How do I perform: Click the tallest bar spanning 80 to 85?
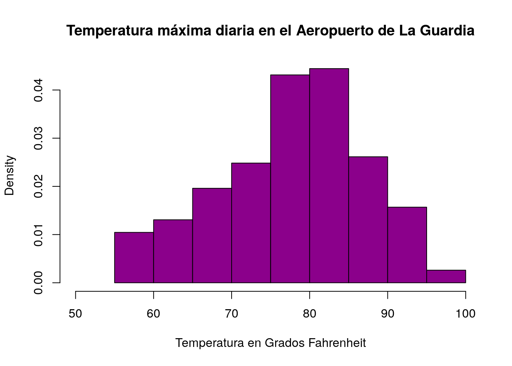point(329,176)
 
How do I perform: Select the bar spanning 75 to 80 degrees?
point(290,179)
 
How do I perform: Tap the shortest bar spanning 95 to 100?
point(446,276)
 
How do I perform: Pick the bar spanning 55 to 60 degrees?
point(134,258)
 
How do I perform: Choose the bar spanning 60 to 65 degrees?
point(173,251)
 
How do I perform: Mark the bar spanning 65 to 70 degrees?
point(212,236)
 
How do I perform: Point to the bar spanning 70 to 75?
point(251,223)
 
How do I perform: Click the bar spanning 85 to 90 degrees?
point(368,220)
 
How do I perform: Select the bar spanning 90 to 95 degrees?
point(407,245)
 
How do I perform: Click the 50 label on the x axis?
point(75,314)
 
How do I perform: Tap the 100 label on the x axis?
point(466,314)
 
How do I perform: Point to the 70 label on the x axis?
point(232,314)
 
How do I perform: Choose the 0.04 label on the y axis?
point(38,90)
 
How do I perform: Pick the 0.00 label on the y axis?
point(38,283)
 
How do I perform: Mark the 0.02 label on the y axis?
point(38,186)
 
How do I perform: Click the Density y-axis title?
point(10,176)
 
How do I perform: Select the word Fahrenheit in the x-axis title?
point(337,343)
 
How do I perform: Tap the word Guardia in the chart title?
point(447,30)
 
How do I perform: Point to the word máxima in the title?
point(184,30)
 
